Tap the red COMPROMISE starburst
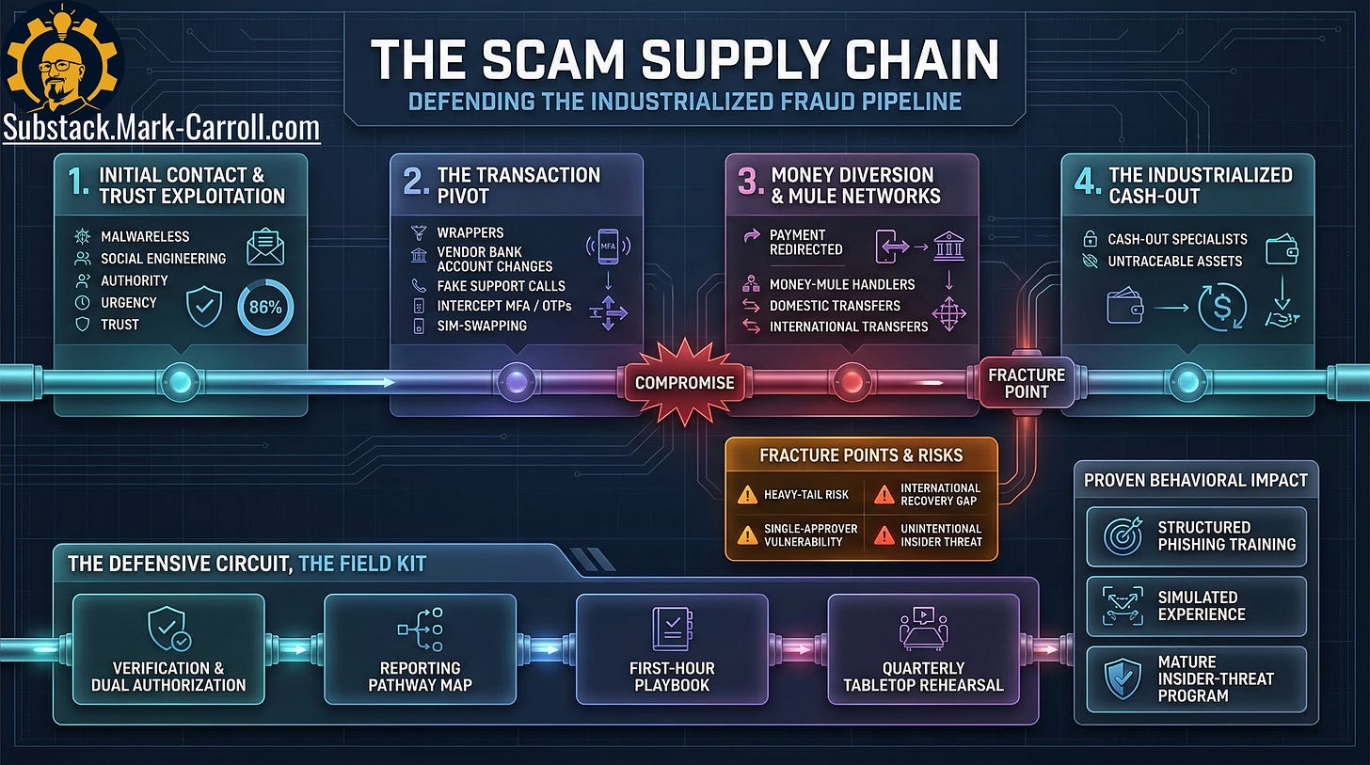click(684, 383)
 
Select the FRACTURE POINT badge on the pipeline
click(1026, 383)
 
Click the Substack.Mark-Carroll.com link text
click(161, 128)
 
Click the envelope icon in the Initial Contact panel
click(265, 247)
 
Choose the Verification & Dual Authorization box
click(168, 649)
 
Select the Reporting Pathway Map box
click(420, 649)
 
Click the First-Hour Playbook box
click(672, 649)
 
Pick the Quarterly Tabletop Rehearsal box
click(923, 649)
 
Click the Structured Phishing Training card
click(1196, 535)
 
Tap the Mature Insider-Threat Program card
click(1196, 678)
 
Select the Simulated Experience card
click(1196, 605)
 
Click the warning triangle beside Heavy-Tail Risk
click(747, 494)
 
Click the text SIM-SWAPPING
click(482, 326)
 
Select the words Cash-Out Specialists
click(1177, 239)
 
